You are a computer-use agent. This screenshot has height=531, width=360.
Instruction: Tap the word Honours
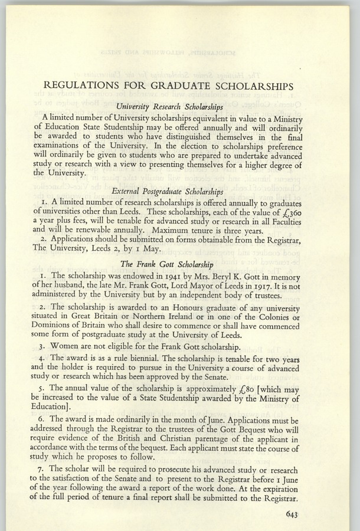(178, 308)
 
